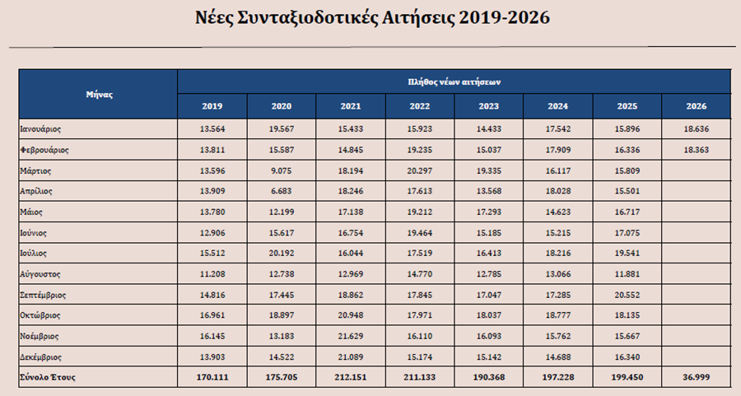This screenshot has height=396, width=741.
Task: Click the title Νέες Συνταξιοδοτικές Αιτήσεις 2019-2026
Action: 370,17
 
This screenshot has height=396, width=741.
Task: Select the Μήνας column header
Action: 99,95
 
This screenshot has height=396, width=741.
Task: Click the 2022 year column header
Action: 420,107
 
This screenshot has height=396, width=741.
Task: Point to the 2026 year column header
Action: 697,107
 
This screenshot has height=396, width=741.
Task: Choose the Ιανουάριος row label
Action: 40,129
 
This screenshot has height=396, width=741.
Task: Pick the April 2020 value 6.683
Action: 282,191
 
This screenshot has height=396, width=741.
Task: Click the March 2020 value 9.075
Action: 282,170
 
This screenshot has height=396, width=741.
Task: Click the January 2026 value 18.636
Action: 696,129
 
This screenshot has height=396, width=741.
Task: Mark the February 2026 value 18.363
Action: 696,150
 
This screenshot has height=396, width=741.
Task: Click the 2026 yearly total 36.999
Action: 696,377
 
